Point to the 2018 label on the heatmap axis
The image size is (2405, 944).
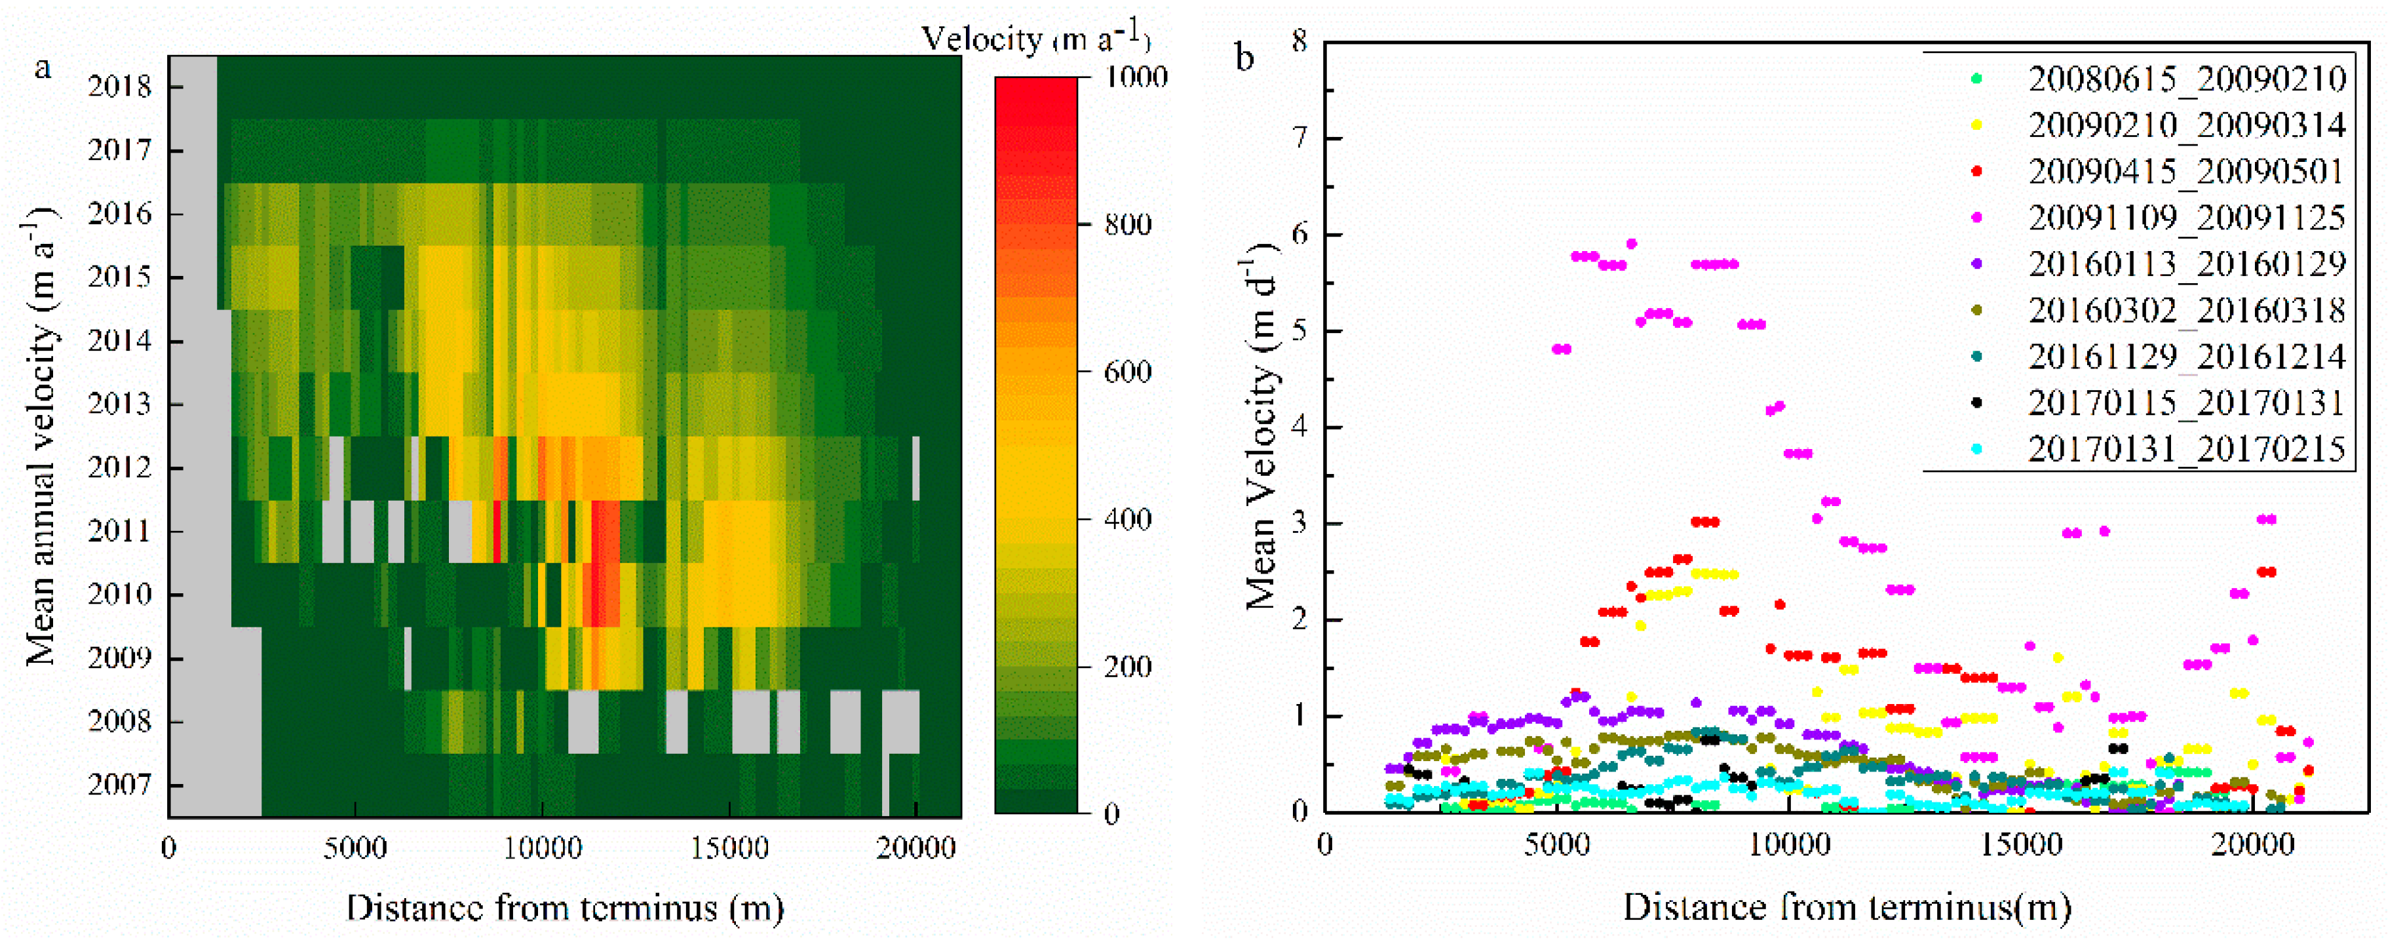[119, 87]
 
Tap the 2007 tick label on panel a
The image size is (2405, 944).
[119, 784]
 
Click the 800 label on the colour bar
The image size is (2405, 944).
[1128, 225]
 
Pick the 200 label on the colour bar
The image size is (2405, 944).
[1128, 667]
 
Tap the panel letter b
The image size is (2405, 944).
[1244, 58]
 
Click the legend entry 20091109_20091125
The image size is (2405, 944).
[2185, 218]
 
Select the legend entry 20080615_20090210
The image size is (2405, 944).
[2185, 79]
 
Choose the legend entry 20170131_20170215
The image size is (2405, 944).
[2185, 449]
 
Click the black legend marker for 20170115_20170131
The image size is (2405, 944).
[1976, 403]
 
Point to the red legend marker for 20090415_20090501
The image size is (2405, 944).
[1976, 171]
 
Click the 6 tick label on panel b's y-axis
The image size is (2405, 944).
[1299, 235]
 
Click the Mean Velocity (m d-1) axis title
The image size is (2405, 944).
[1260, 427]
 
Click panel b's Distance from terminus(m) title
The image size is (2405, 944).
[1847, 907]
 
